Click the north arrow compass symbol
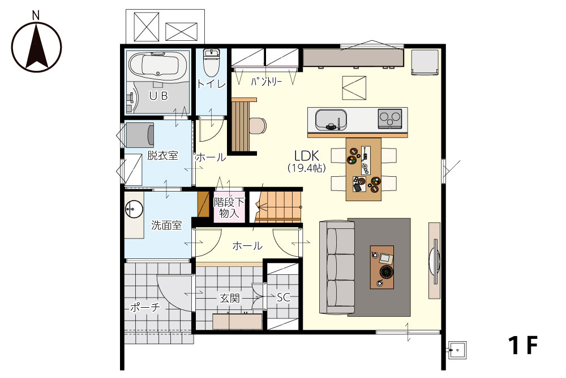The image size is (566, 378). point(36,46)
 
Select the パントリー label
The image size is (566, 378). point(267,82)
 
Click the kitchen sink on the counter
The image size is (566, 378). point(331,120)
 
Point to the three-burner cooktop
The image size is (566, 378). point(390,118)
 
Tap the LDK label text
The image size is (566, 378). point(307,156)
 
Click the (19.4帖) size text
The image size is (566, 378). point(307,168)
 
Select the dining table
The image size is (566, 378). point(363,169)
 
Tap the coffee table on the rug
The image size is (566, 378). point(382,267)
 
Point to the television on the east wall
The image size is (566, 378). point(434,260)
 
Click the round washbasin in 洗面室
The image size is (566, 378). point(134,209)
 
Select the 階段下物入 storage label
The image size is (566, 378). point(229,208)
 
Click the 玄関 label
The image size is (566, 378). point(230,299)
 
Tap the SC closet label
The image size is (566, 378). point(284,297)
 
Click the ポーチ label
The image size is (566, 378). point(145,308)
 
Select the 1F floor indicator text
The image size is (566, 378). point(523,346)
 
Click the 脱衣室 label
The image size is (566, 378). point(162,156)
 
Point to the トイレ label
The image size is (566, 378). point(211,84)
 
